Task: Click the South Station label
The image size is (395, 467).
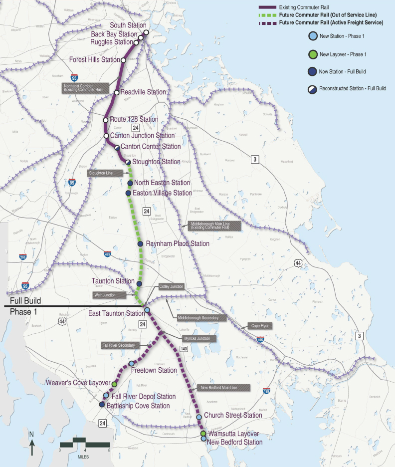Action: tap(128, 25)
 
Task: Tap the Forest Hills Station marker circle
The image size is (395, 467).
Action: tap(123, 60)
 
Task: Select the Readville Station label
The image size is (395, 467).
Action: tap(143, 92)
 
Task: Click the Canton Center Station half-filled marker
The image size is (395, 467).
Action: tap(117, 147)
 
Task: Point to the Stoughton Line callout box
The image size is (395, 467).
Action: tap(101, 173)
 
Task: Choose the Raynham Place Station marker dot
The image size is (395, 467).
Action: tap(141, 244)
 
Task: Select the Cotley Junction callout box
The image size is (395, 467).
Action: tap(172, 286)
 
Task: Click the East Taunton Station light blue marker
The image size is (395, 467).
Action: tap(147, 310)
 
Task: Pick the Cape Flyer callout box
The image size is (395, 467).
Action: tap(260, 326)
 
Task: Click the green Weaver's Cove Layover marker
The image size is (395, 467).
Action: tap(114, 385)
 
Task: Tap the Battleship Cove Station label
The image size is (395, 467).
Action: tap(138, 406)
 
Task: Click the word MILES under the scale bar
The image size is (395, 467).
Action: tap(84, 456)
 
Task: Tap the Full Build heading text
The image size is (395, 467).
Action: tap(25, 301)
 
